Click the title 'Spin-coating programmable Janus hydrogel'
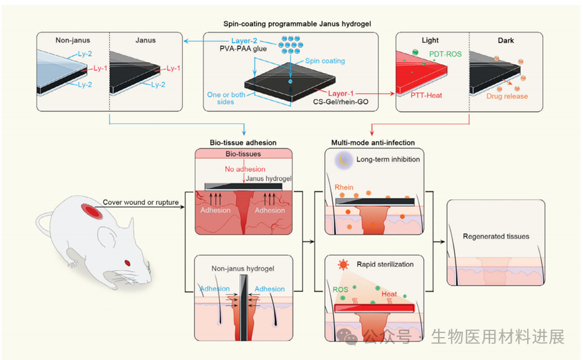pyautogui.click(x=291, y=24)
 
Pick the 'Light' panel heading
pyautogui.click(x=429, y=40)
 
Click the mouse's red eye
pyautogui.click(x=127, y=262)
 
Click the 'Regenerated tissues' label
pyautogui.click(x=495, y=237)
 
